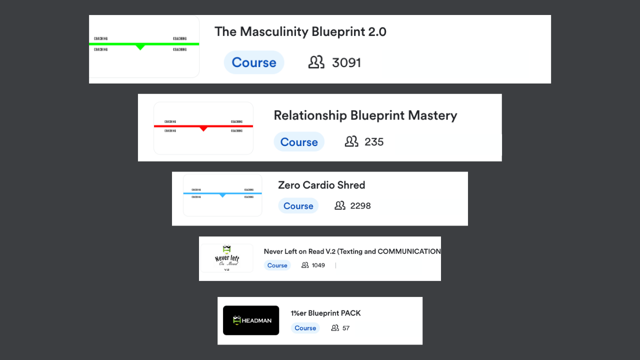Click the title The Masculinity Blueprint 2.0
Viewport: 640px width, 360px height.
click(x=300, y=32)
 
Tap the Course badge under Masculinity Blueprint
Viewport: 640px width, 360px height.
click(x=254, y=62)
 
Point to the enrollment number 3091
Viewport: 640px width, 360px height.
click(x=346, y=62)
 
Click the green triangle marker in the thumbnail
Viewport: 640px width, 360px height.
click(x=140, y=47)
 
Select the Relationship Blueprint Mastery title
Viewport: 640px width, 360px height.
click(x=365, y=115)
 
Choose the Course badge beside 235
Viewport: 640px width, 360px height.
click(x=299, y=142)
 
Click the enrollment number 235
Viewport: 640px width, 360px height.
click(x=374, y=142)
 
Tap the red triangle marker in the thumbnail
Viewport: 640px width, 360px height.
click(x=203, y=128)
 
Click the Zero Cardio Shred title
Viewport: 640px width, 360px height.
click(x=321, y=185)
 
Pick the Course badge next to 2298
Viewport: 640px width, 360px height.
click(x=298, y=206)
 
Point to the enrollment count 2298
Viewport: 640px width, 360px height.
click(x=360, y=206)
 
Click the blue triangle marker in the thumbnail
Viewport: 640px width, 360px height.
click(x=222, y=195)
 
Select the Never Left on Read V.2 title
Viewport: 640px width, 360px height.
click(x=352, y=251)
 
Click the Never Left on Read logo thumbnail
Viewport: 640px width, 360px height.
click(x=226, y=258)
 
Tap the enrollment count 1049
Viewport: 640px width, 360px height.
click(x=318, y=265)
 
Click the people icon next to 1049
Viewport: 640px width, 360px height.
click(x=305, y=265)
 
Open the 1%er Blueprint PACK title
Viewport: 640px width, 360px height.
click(x=325, y=313)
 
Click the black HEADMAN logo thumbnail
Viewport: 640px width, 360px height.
click(x=251, y=320)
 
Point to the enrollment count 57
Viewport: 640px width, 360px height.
click(x=346, y=328)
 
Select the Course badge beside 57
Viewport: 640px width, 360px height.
click(x=305, y=328)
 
